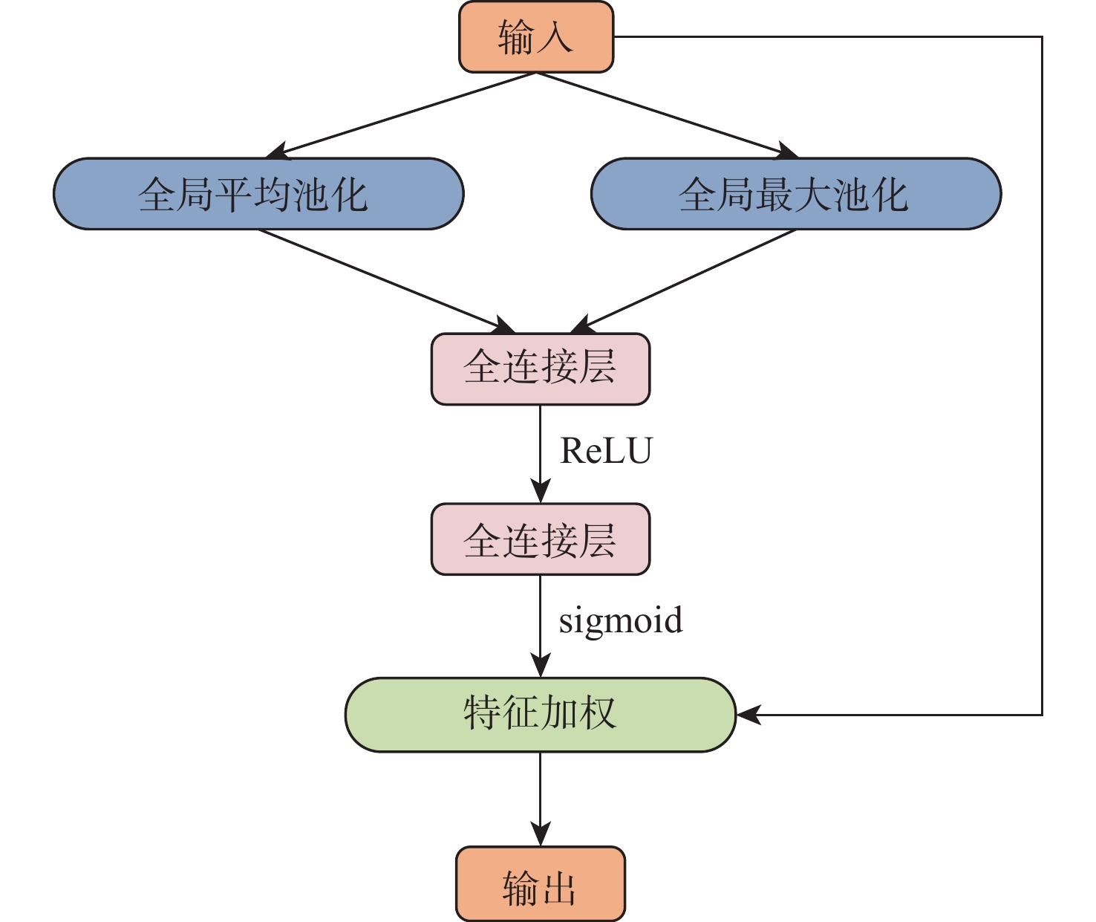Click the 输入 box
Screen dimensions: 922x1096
(536, 37)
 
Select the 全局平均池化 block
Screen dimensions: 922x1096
(258, 194)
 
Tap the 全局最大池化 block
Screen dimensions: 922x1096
(796, 194)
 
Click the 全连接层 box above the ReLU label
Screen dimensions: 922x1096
(541, 369)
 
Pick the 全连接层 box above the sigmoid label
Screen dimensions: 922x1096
(541, 539)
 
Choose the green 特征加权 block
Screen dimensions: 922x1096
(541, 715)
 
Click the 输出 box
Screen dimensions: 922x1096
(541, 884)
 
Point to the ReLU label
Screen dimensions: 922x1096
(606, 451)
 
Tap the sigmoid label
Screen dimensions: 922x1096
(621, 620)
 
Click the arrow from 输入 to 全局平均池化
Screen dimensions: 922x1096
(401, 115)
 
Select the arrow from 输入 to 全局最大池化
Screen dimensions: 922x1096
(668, 115)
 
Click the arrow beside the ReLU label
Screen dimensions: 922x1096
(541, 453)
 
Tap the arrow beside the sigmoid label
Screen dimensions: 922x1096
(541, 624)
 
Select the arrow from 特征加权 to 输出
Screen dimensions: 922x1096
(541, 799)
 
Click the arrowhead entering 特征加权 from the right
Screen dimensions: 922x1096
(748, 715)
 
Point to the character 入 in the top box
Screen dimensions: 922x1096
(555, 37)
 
